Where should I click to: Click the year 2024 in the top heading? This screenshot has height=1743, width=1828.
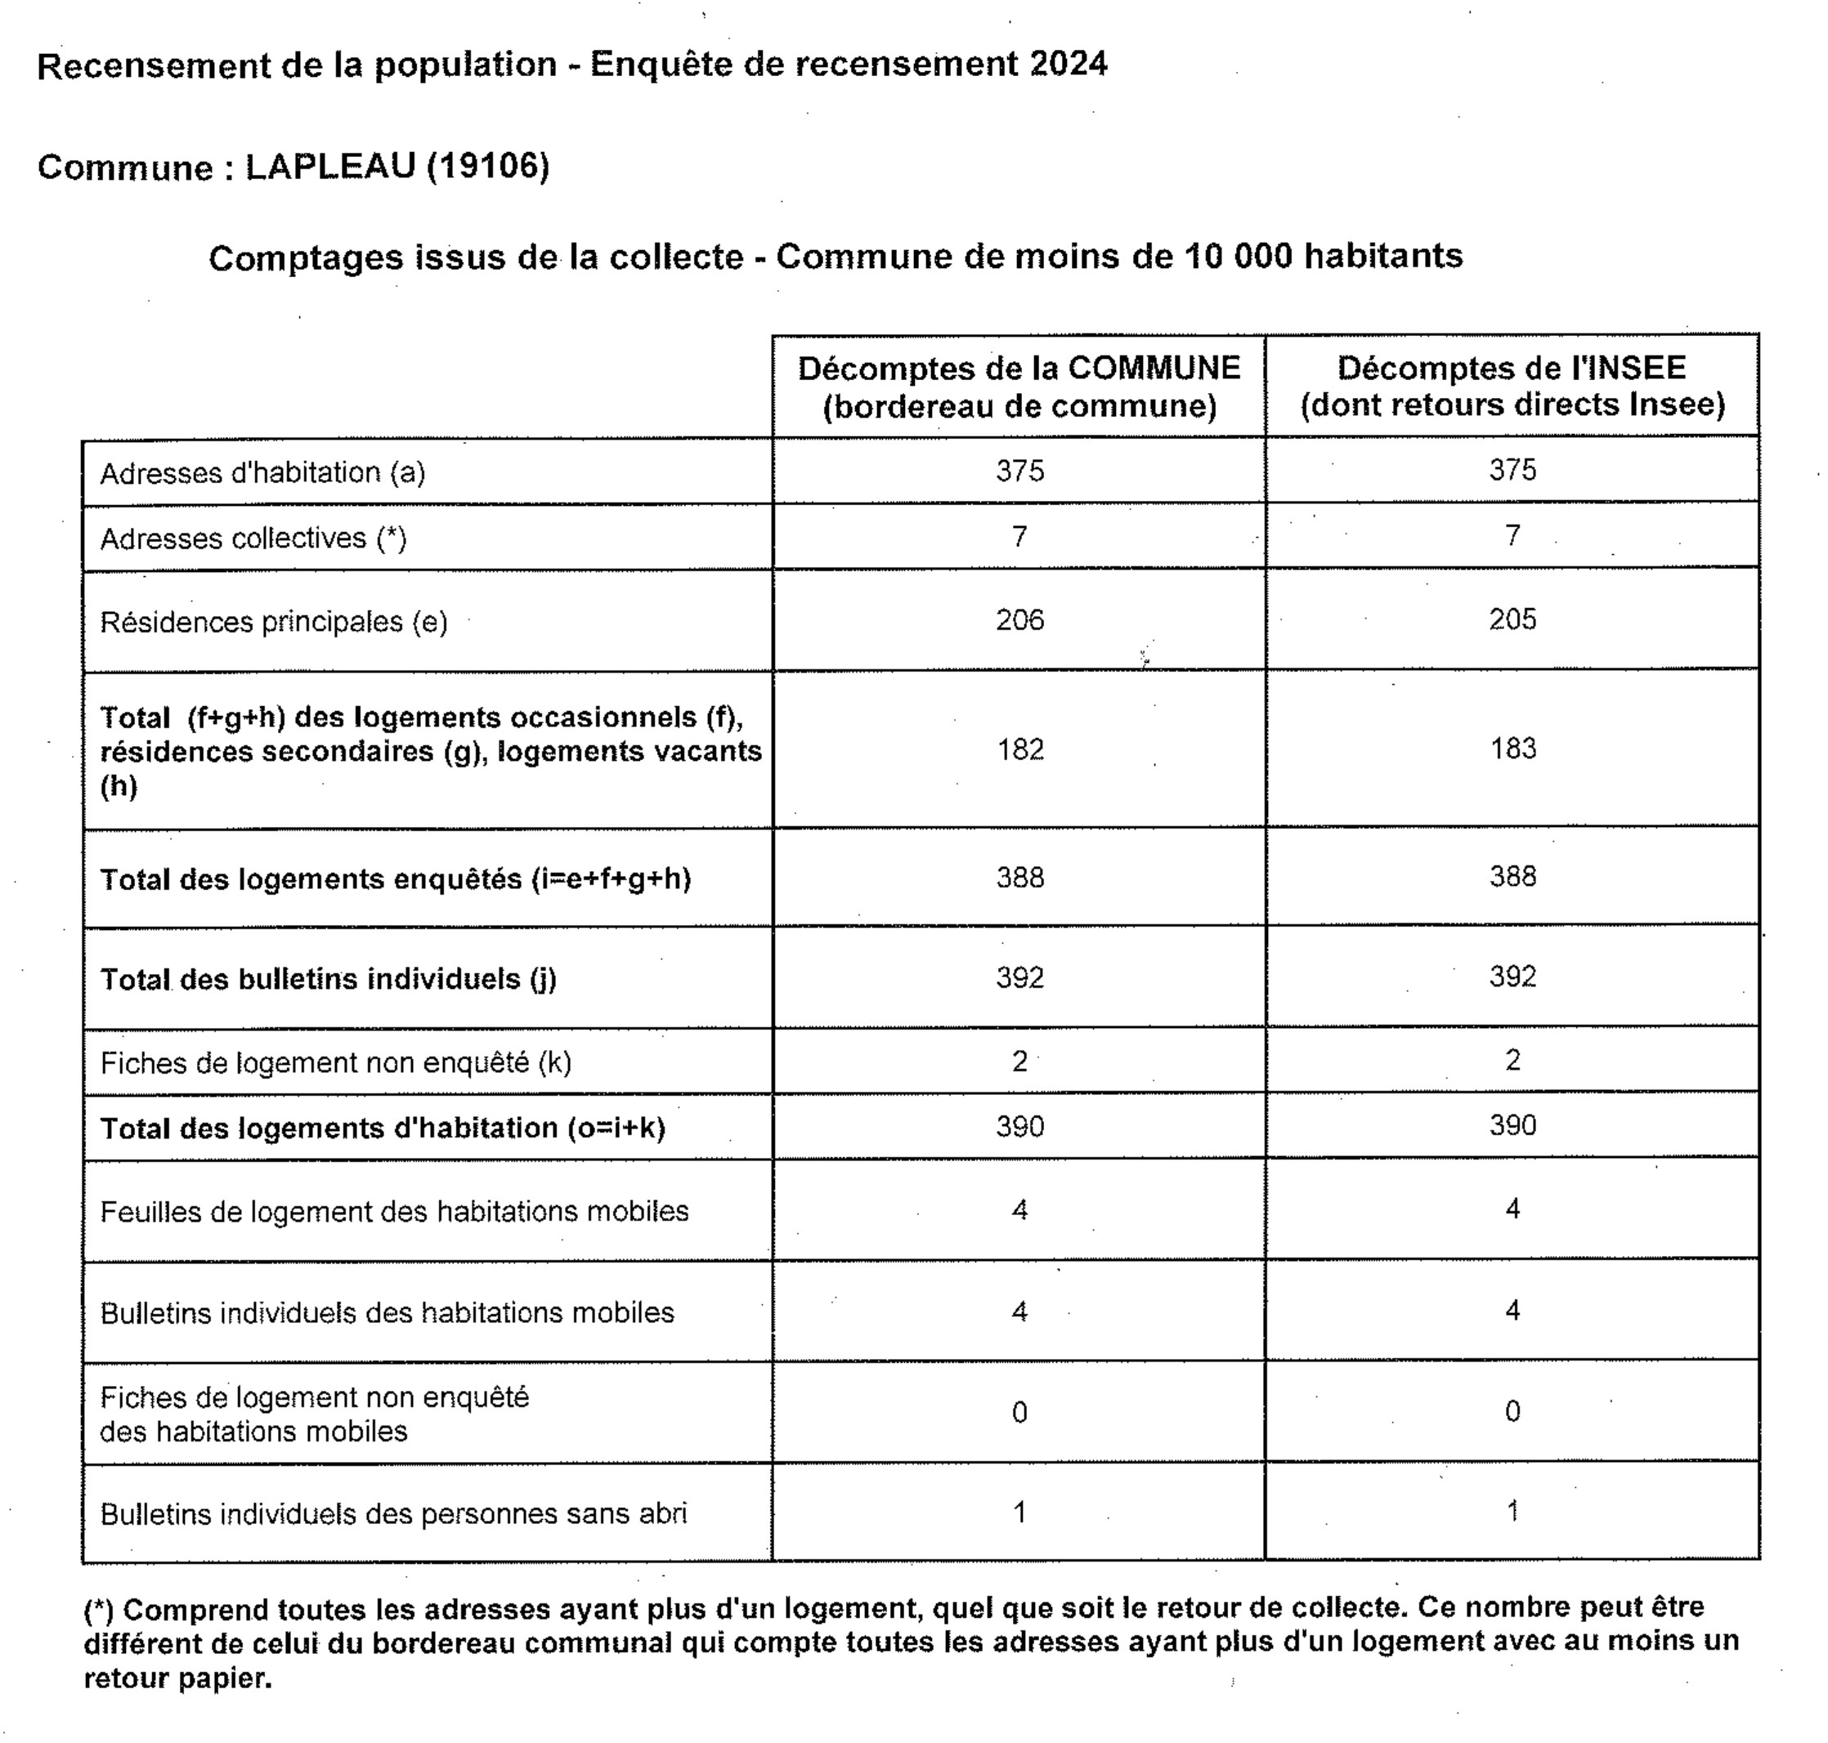[x=1068, y=64]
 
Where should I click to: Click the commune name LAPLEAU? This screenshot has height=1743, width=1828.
[x=330, y=167]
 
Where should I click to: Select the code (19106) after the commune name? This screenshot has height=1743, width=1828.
[x=488, y=167]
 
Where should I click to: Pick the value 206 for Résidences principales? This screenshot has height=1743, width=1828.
[x=1019, y=619]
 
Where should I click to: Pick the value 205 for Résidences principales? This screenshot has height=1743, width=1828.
[x=1512, y=619]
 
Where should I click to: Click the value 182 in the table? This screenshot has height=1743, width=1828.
[x=1020, y=749]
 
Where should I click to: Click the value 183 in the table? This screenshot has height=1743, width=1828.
[x=1513, y=748]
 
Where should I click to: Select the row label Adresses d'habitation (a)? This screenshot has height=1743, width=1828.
[x=262, y=473]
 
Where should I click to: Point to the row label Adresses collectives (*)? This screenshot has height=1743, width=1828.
[x=253, y=538]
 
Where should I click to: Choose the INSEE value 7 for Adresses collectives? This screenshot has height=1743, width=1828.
[x=1512, y=535]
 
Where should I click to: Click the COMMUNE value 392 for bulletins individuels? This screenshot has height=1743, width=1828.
[x=1019, y=977]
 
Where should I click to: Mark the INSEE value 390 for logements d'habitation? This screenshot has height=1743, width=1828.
[x=1512, y=1125]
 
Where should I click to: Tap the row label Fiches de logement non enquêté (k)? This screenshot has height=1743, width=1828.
[x=335, y=1062]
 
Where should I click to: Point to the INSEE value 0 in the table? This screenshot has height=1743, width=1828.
[x=1512, y=1411]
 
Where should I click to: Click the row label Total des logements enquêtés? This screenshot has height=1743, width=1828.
[x=395, y=879]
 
